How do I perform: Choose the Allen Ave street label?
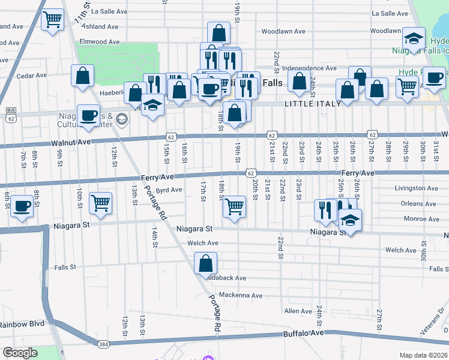[x=298, y=311]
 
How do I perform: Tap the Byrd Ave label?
[x=169, y=190]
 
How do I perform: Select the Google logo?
[x=20, y=353]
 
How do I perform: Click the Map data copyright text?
[x=423, y=355]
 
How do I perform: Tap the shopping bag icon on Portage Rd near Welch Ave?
[x=205, y=263]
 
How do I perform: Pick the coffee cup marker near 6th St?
[x=22, y=206]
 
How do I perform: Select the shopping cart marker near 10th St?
[x=100, y=202]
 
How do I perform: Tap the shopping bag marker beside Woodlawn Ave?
[x=219, y=32]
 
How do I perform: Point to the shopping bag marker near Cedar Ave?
[x=83, y=76]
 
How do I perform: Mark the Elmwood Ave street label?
[x=101, y=42]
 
